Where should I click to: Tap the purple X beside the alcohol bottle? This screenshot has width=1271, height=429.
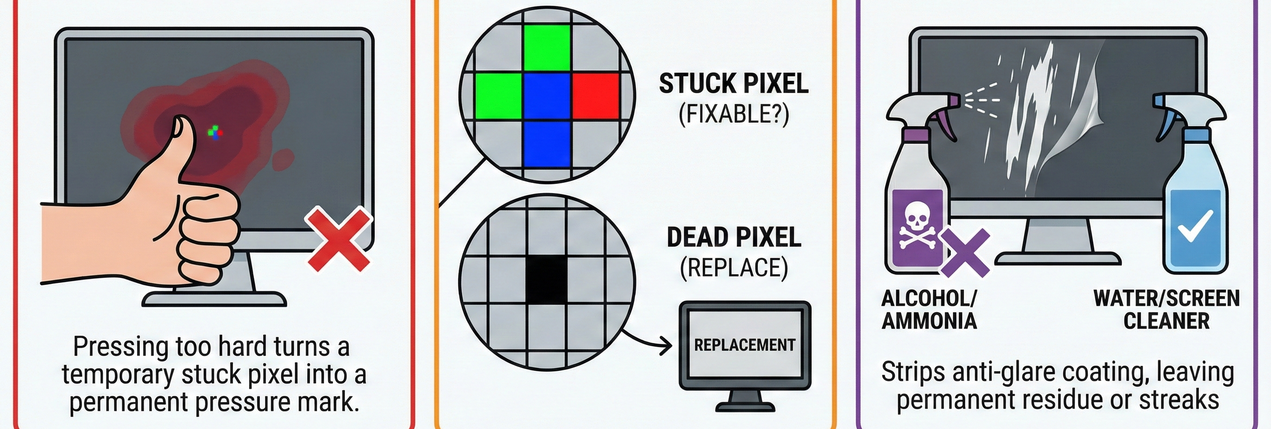[x=965, y=253]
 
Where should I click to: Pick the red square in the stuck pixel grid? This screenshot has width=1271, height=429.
[x=596, y=96]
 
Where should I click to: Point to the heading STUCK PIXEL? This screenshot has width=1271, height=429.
[x=734, y=83]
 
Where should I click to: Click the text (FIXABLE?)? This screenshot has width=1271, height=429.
[x=734, y=114]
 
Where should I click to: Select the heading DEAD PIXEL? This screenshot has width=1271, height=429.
[x=734, y=237]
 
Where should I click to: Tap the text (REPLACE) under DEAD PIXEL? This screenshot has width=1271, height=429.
[x=734, y=268]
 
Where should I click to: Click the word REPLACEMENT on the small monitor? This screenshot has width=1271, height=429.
[x=745, y=345]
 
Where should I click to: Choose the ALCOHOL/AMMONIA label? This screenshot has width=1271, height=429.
[x=929, y=309]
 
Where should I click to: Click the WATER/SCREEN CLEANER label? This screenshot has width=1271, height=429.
[x=1166, y=309]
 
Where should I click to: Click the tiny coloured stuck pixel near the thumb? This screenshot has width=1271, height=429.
[x=215, y=132]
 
